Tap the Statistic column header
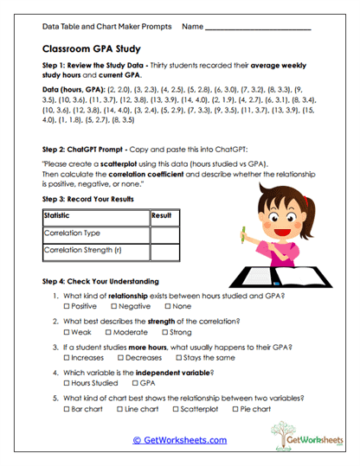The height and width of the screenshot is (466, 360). coord(60,215)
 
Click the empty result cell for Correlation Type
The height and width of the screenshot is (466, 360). coord(164,233)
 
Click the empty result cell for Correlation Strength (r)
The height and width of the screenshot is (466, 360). coord(164,252)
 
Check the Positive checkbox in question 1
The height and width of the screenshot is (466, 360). coord(67,307)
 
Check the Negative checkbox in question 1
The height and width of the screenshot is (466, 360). coord(113,307)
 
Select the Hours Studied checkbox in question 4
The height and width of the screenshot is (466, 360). coord(67,382)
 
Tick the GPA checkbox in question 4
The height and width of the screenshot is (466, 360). coord(134,382)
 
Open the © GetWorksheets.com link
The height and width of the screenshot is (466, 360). coord(179,440)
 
